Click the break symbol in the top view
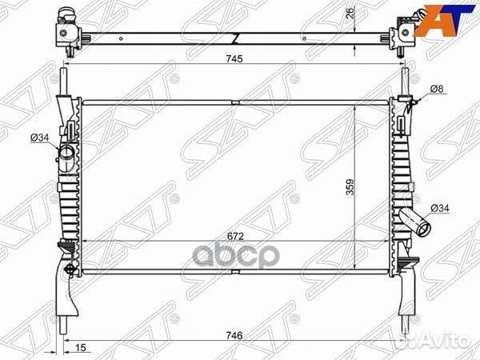point(235,38)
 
